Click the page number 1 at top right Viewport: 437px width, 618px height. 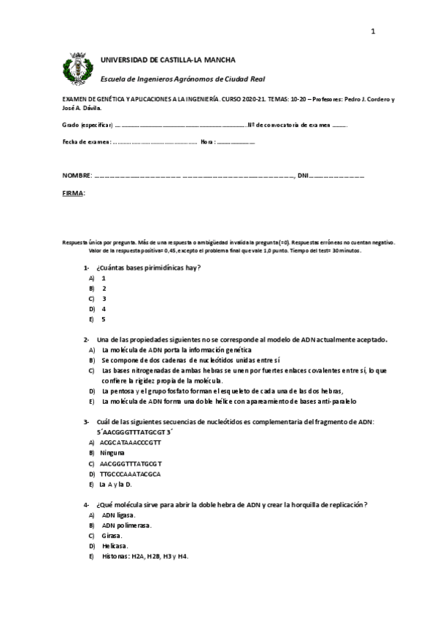(x=373, y=31)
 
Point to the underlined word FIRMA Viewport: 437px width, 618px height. (x=73, y=193)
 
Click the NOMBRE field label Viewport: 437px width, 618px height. (x=77, y=176)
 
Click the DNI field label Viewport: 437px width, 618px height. (x=303, y=176)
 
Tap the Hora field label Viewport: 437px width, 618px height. (x=208, y=141)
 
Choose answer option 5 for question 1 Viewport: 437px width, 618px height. (x=104, y=319)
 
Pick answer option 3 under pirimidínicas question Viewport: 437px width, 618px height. (x=104, y=299)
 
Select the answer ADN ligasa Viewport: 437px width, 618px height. (x=118, y=515)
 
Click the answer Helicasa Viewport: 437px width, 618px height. (x=115, y=545)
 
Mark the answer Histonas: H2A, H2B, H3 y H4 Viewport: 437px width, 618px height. (x=144, y=556)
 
